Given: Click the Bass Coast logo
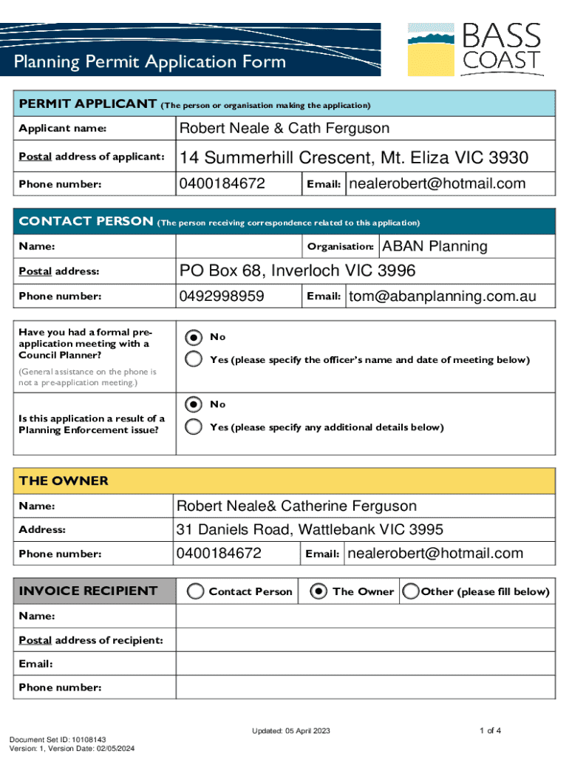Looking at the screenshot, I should (x=475, y=50).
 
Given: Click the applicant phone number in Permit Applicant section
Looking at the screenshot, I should (x=222, y=183).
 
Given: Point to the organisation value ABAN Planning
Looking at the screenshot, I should (x=435, y=246).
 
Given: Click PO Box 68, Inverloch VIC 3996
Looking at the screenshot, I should (x=298, y=271).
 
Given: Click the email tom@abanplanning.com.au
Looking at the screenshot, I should (x=442, y=296).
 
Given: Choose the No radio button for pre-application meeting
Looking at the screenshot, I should (x=194, y=337).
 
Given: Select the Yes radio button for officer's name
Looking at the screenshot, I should (x=194, y=360).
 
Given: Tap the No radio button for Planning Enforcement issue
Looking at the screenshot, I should (x=194, y=404).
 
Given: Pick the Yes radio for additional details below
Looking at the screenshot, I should (x=194, y=427).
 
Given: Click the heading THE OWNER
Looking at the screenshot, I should (x=64, y=481).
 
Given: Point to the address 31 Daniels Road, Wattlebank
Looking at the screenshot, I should (x=309, y=529).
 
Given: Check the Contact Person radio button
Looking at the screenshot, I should (x=196, y=591).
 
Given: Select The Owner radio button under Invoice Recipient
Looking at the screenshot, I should (x=319, y=591).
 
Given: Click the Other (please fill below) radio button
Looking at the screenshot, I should (x=410, y=591).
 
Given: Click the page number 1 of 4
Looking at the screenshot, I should (x=490, y=731).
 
